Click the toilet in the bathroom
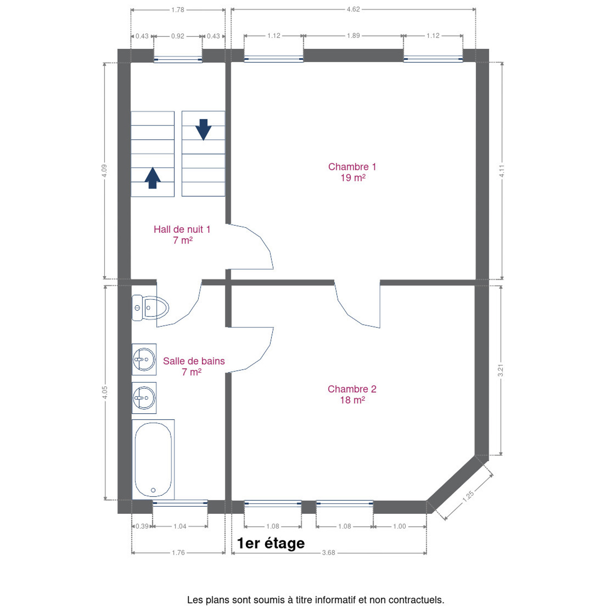click(x=150, y=308)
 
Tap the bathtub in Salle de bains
click(x=153, y=459)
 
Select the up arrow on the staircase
click(x=152, y=178)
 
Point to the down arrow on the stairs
click(x=203, y=130)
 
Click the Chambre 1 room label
click(x=352, y=172)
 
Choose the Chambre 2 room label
click(x=352, y=394)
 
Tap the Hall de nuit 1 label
click(x=182, y=234)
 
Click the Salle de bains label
click(x=194, y=367)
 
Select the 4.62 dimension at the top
click(x=353, y=9)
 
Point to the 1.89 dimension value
click(x=353, y=36)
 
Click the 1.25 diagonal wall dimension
click(x=468, y=496)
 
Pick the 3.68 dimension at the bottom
click(x=328, y=553)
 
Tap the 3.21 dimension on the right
click(x=500, y=370)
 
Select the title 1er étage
click(x=271, y=543)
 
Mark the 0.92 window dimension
click(x=178, y=36)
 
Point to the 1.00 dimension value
click(x=399, y=526)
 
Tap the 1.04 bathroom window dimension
click(x=180, y=526)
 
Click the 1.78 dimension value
click(x=178, y=10)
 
